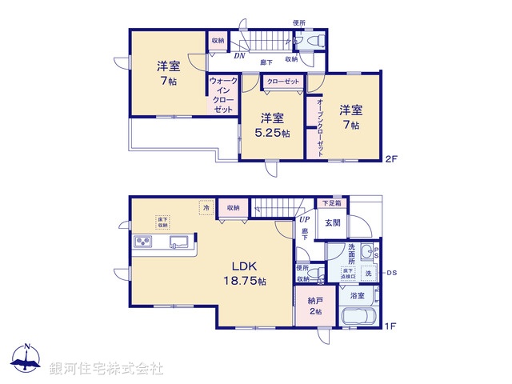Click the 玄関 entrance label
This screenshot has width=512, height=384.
tap(334, 223)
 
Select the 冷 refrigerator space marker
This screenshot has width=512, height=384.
tap(206, 207)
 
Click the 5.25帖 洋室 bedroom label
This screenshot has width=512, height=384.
tap(273, 125)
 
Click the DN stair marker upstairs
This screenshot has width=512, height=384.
tap(239, 56)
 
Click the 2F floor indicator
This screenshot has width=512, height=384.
tap(390, 158)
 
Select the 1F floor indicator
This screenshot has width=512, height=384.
tap(390, 326)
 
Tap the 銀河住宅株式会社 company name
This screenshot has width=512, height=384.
tap(106, 369)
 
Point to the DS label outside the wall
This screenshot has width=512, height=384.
tap(392, 273)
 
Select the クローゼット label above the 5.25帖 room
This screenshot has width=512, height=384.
tap(282, 82)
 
